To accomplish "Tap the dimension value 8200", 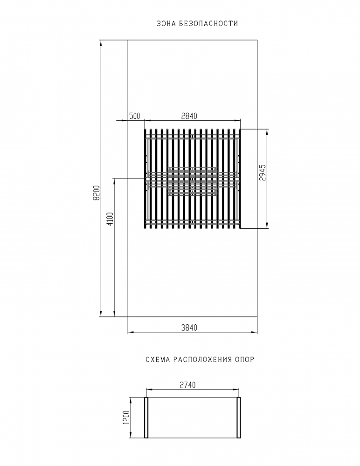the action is [x=97, y=193].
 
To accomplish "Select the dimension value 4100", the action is [x=110, y=219].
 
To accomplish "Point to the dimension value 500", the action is [x=134, y=116].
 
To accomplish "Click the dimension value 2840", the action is [x=189, y=116].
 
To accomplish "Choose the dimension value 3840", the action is [x=189, y=328].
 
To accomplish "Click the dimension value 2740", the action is [x=188, y=385].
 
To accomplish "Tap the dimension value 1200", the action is [x=126, y=418].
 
